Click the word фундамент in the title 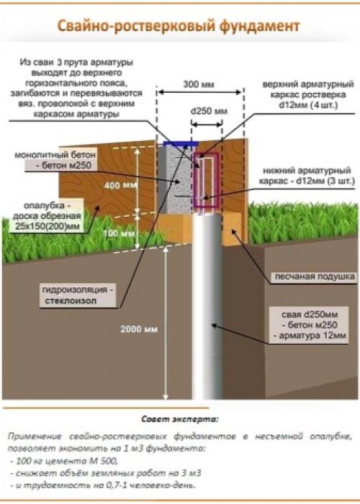260,26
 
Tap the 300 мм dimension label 199,84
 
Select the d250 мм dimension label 209,111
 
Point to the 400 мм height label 121,186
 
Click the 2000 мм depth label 139,329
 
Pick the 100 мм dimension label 119,233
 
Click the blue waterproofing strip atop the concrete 181,144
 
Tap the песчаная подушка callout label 315,276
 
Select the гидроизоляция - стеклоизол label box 78,295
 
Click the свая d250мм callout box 309,325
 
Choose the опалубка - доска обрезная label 48,216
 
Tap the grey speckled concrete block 175,180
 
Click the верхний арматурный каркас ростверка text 308,95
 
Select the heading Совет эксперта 180,419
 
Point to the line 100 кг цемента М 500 63,461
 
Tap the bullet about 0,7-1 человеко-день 102,485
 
